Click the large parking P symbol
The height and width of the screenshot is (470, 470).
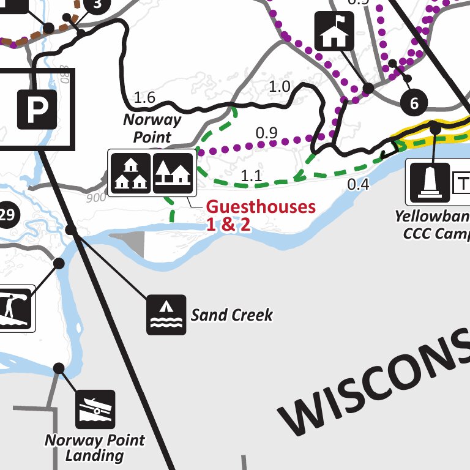point(37,110)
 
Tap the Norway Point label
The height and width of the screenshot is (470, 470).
point(152,128)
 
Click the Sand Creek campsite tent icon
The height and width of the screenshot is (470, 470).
point(166,314)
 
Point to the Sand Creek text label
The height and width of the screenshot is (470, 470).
point(231,315)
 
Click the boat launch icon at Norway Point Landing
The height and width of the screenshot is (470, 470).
point(95,409)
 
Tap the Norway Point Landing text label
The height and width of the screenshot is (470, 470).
point(95,448)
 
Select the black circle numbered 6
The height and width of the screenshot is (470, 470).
point(414,103)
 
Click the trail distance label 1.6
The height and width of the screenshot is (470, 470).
point(144,97)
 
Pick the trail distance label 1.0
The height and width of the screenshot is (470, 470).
point(280,87)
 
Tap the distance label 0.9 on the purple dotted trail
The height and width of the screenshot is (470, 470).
point(266,132)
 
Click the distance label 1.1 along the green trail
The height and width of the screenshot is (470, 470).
point(251,176)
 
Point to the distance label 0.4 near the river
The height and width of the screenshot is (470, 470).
point(359,184)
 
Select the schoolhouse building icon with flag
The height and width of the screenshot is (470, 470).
point(335,31)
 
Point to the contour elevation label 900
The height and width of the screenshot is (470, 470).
point(96,197)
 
